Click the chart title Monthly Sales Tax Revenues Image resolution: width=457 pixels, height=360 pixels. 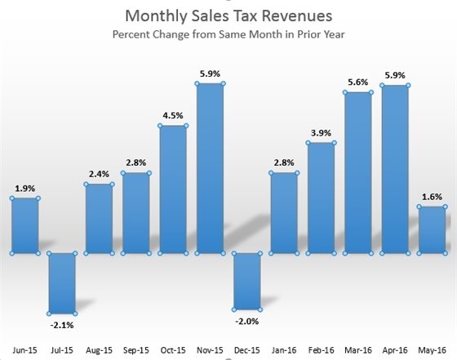(x=228, y=15)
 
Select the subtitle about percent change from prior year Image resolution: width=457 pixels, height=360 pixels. (x=228, y=35)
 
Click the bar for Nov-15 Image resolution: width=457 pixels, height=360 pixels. (x=210, y=167)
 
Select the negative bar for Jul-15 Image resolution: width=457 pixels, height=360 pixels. (x=61, y=282)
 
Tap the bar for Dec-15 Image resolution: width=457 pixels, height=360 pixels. (x=246, y=281)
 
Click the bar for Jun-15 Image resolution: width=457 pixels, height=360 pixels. (x=24, y=225)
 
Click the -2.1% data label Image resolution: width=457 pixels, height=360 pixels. (x=61, y=325)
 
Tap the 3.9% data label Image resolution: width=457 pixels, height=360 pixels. (x=321, y=132)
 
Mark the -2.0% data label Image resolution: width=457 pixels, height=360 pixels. (x=246, y=321)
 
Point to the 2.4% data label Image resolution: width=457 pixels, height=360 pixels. (x=99, y=173)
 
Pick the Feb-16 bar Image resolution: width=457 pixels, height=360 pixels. (x=321, y=198)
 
